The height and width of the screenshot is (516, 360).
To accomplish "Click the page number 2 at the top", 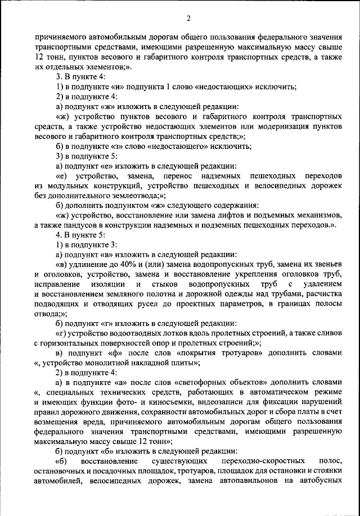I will pos(188,19).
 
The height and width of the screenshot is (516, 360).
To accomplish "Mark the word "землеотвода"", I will pos(133,195).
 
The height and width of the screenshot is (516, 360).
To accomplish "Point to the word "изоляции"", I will pos(120,285).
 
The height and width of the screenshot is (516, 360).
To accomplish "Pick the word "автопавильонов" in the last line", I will pos(244,481).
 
